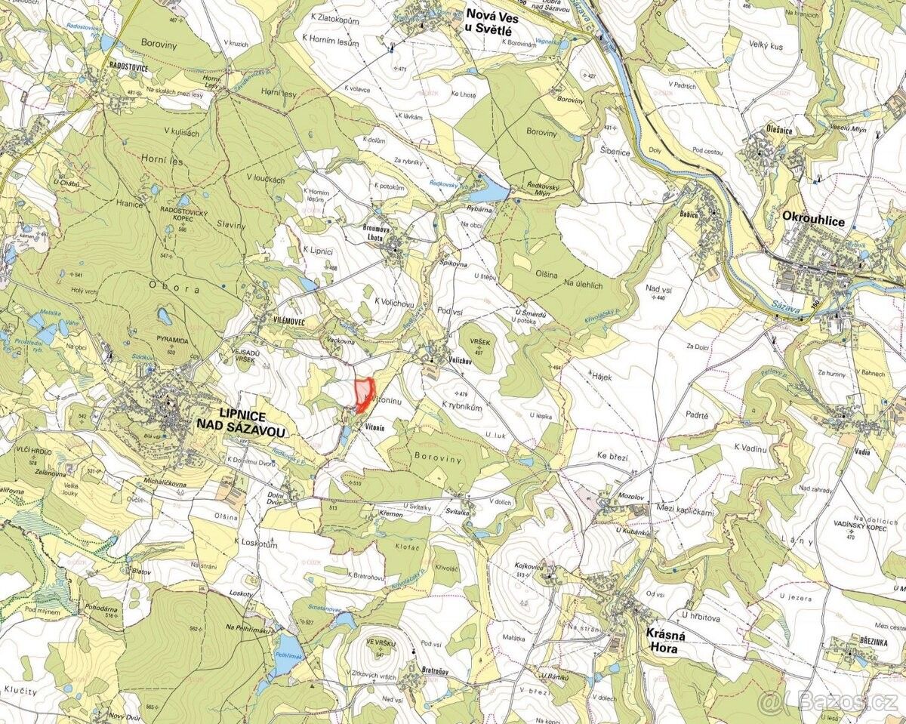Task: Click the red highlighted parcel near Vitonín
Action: tap(363, 393)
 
